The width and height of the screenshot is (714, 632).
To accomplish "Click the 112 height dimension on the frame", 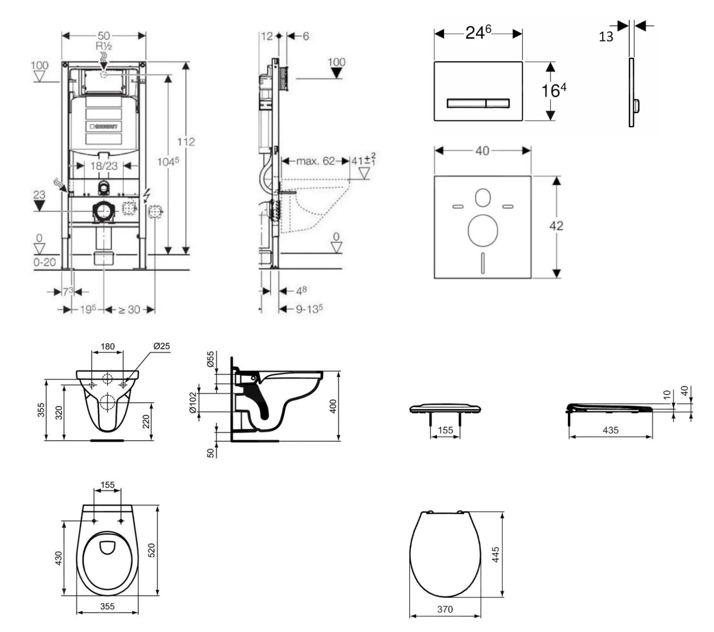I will [186, 142].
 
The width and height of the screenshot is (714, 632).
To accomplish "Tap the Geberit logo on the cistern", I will [104, 127].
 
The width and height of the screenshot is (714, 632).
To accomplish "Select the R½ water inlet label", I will [104, 46].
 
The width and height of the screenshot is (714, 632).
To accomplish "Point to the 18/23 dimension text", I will [104, 166].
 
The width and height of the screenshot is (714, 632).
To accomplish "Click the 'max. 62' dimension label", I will [316, 161].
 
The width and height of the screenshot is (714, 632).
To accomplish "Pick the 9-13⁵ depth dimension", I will [309, 309].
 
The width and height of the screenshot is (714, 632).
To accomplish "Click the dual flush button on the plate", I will [478, 103].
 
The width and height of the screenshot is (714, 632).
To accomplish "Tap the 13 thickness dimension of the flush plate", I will [605, 37].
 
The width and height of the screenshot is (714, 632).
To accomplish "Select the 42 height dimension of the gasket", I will [556, 226].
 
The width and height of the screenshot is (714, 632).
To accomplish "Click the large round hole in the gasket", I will [483, 230].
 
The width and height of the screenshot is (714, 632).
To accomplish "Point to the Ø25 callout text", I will [161, 346].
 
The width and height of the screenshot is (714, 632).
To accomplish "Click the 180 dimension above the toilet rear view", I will [108, 346].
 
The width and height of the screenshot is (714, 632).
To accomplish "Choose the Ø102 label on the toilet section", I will [192, 403].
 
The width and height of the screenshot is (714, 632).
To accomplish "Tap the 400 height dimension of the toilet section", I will [333, 406].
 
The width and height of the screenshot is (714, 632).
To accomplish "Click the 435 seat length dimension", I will [610, 430].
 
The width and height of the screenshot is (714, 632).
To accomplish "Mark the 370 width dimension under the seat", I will [445, 609].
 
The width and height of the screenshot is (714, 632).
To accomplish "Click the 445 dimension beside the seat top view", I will [496, 554].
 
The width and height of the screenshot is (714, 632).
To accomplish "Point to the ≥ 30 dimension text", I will [129, 309].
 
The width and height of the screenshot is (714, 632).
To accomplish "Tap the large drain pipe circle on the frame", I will [103, 211].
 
